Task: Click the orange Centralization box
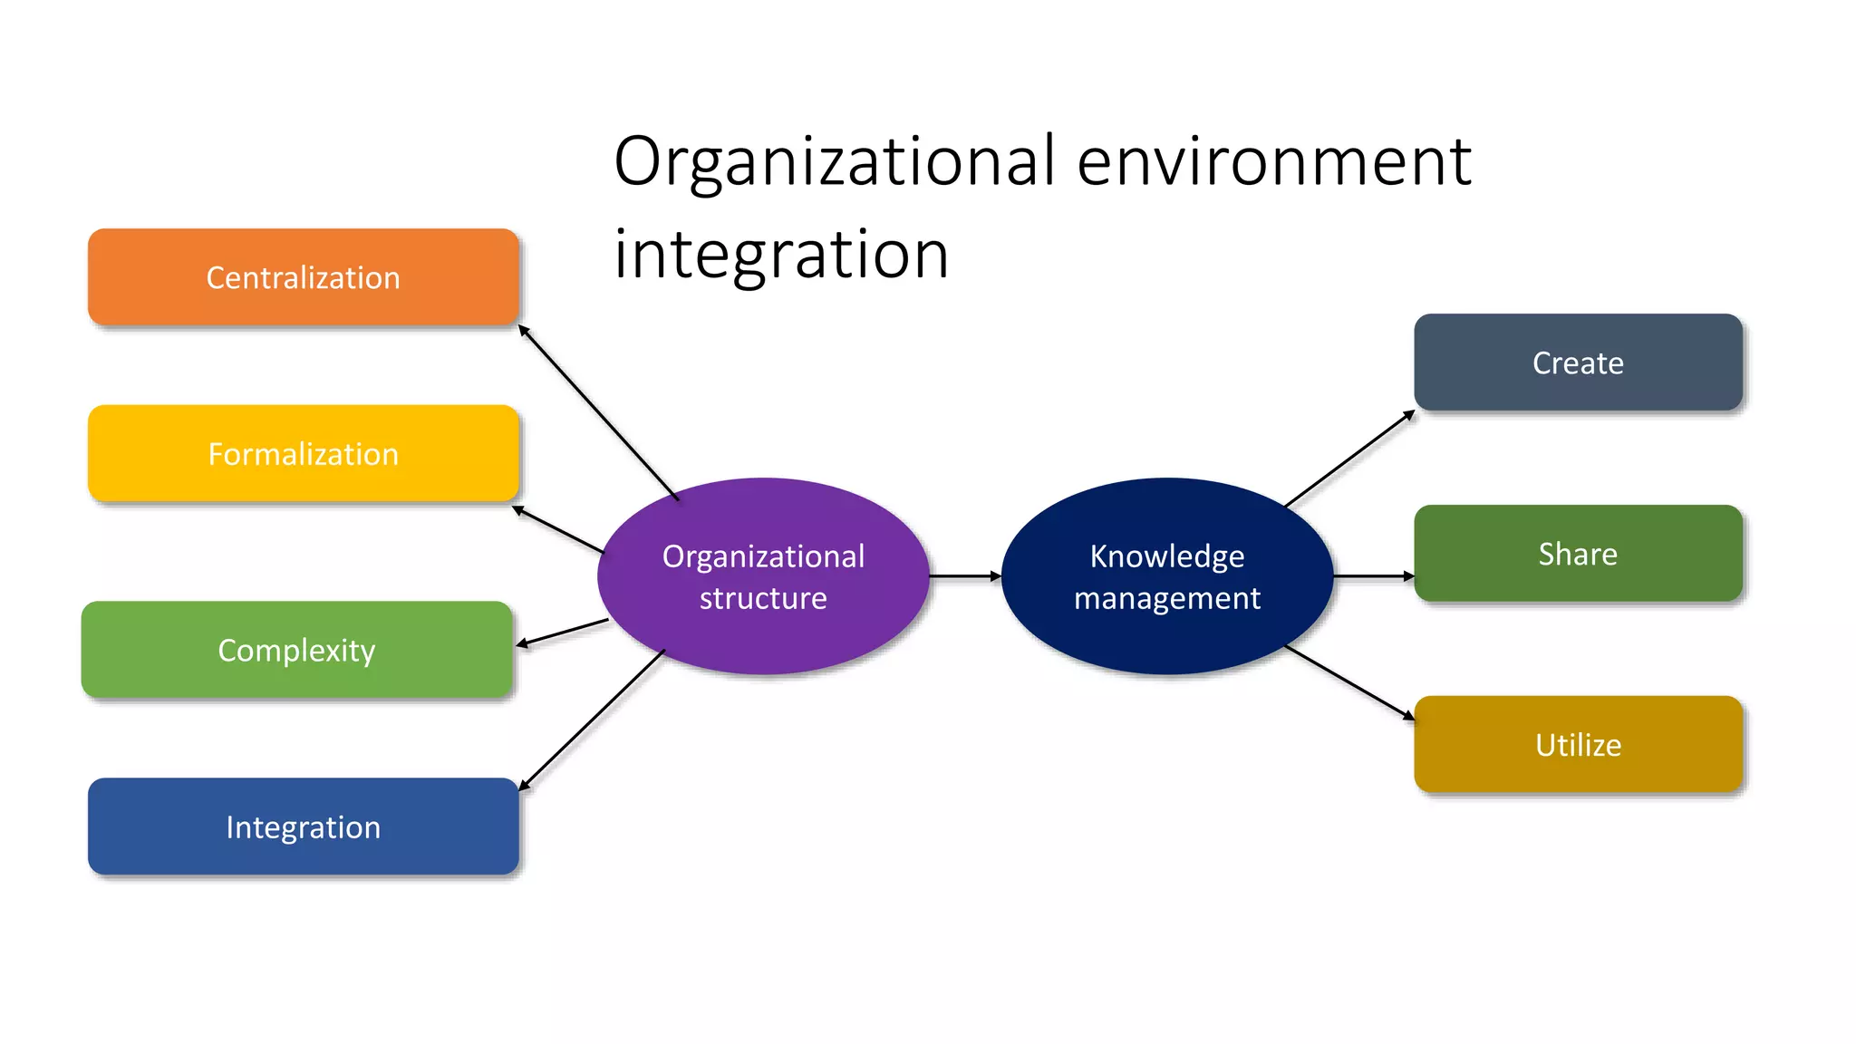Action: (303, 277)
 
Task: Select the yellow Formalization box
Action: (303, 453)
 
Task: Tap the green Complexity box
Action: (296, 650)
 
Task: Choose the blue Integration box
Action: (303, 826)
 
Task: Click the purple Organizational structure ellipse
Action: (763, 576)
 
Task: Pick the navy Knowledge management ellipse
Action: (1167, 576)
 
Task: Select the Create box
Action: (1578, 362)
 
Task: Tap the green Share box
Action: (1578, 554)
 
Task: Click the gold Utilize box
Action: (1578, 745)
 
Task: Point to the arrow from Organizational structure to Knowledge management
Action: (965, 575)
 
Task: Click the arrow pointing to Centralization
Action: (598, 412)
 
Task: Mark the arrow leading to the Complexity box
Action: (562, 633)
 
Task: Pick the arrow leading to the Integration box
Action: (592, 720)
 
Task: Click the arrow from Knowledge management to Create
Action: (1349, 459)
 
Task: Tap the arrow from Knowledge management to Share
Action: (1373, 575)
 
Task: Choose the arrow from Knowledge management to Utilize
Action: (1349, 682)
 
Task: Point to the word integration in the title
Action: (781, 254)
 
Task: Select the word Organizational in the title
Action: (834, 161)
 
